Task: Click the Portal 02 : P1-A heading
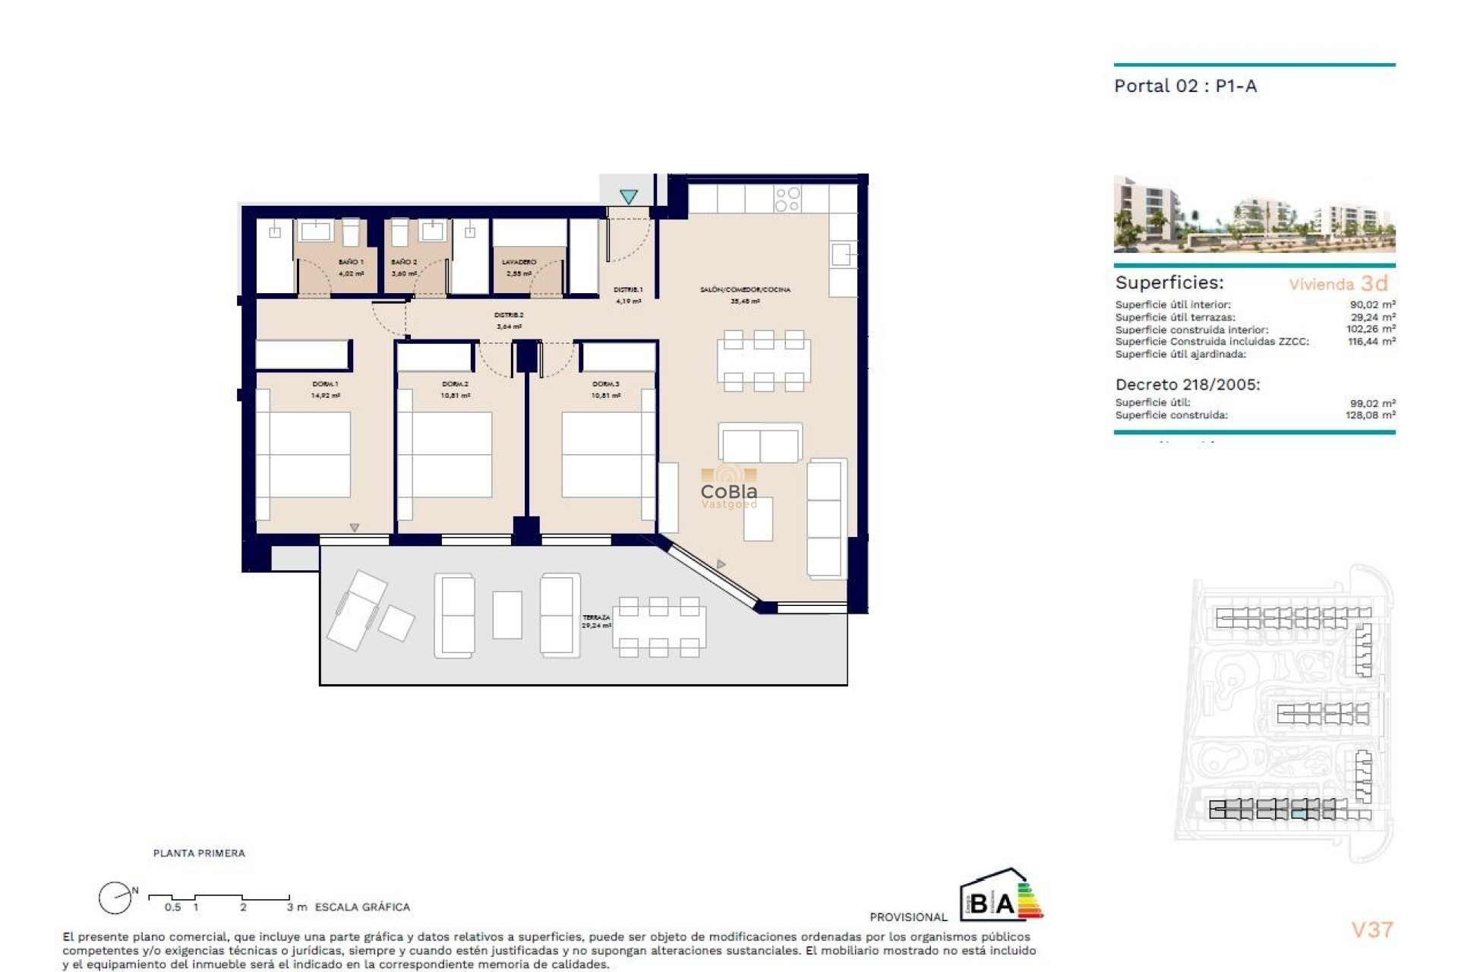[x=1185, y=86]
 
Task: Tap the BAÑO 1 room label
[x=350, y=262]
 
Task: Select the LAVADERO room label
[x=519, y=262]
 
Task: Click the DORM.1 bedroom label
[x=325, y=384]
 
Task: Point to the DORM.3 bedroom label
[x=605, y=384]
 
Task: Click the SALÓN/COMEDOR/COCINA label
[x=744, y=289]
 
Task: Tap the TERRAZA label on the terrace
[x=596, y=618]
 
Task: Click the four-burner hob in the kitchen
[x=787, y=199]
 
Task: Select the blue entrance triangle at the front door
[x=628, y=197]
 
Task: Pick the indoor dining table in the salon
[x=763, y=361]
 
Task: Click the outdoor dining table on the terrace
[x=658, y=627]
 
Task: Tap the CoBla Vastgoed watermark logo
[x=728, y=490]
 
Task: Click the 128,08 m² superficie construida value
[x=1370, y=415]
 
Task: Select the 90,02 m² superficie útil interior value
[x=1372, y=305]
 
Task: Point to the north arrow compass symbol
[x=115, y=898]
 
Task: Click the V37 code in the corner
[x=1371, y=929]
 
